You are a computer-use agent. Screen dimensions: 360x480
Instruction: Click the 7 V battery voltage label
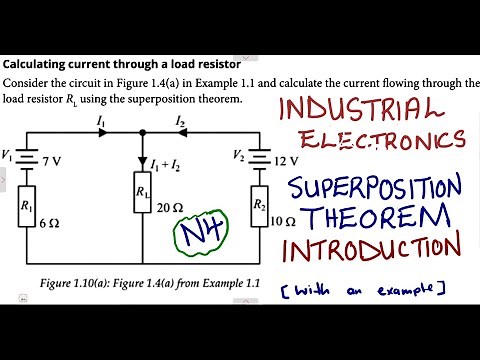[51, 161]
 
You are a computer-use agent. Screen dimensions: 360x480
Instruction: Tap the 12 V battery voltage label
[287, 159]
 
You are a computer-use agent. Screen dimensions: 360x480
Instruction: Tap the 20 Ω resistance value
[170, 209]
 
